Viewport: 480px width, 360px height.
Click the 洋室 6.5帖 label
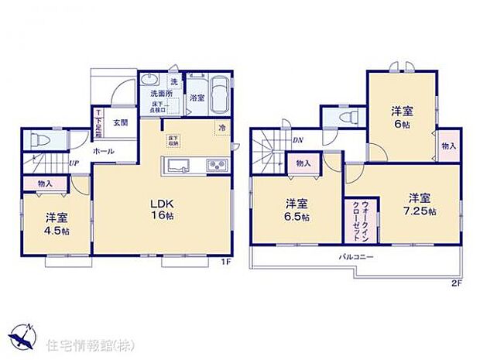coord(297,210)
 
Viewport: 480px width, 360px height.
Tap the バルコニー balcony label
coord(356,256)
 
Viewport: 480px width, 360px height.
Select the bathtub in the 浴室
coord(218,95)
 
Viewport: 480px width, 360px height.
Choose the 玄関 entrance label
coord(120,122)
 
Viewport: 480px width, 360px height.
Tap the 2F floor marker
coord(457,283)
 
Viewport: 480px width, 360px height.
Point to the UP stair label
coord(73,163)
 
